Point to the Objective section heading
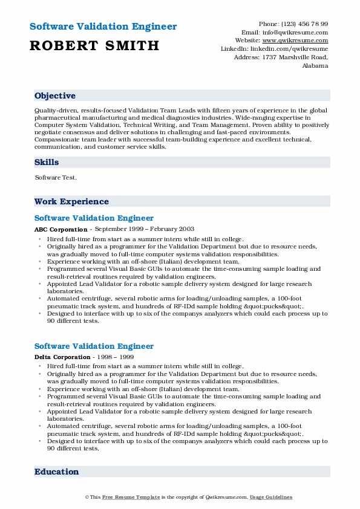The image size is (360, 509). pyautogui.click(x=55, y=96)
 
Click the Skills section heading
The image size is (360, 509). pyautogui.click(x=47, y=162)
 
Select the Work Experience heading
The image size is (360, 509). pyautogui.click(x=71, y=201)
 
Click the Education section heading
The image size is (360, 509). pyautogui.click(x=56, y=472)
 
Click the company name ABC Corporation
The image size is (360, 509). pyautogui.click(x=61, y=230)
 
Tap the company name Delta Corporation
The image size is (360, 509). pyautogui.click(x=62, y=358)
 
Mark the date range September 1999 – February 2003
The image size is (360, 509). pyautogui.click(x=143, y=230)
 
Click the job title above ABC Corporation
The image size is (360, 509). pyautogui.click(x=94, y=218)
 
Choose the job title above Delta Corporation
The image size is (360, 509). pyautogui.click(x=94, y=346)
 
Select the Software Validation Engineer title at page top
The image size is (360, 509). pyautogui.click(x=103, y=27)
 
